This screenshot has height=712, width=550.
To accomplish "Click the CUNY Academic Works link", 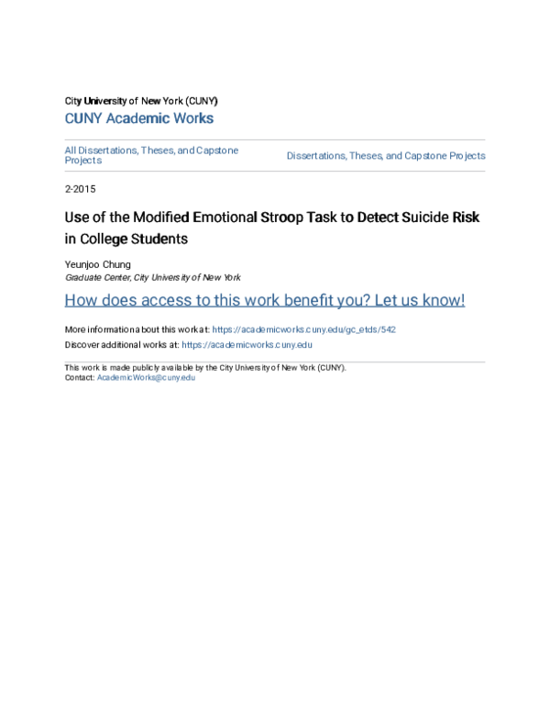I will click(x=138, y=118).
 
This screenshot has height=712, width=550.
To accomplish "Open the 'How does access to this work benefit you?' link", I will click(x=264, y=301).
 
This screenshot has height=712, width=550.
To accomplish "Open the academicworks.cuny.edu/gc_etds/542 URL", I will click(x=303, y=329).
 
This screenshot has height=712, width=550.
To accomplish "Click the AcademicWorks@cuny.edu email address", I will click(x=146, y=377).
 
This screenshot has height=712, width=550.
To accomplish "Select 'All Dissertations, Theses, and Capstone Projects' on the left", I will click(x=151, y=154).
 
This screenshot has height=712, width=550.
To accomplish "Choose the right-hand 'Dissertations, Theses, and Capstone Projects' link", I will click(x=385, y=156).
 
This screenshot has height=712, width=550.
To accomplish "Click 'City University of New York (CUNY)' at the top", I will click(x=140, y=100).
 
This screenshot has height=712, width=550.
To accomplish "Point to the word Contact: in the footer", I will click(x=79, y=377).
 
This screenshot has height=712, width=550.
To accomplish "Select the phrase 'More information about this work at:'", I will click(x=137, y=329).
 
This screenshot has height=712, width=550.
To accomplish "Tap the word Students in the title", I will click(x=161, y=239).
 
